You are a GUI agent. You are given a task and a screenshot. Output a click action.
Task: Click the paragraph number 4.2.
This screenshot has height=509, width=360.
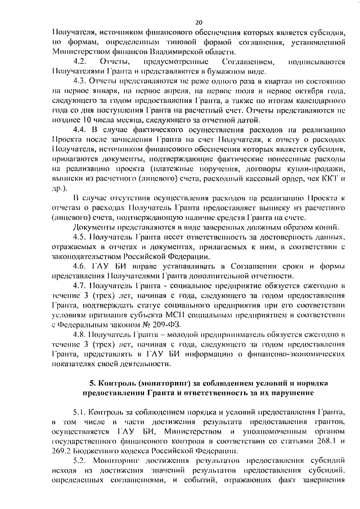[x=79, y=61]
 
